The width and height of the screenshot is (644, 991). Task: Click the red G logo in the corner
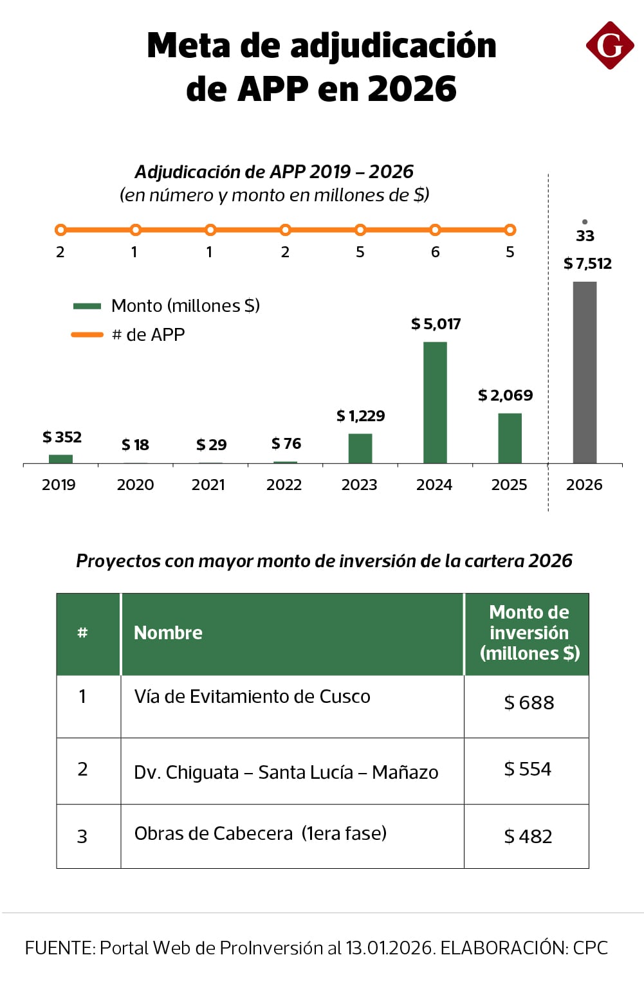[609, 46]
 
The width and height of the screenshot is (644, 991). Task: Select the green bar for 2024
[435, 402]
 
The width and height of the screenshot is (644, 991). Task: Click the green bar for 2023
[360, 448]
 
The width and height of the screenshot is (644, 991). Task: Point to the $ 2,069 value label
[505, 395]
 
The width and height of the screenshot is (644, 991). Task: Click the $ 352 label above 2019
[62, 437]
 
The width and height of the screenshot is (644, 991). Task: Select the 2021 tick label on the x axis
[208, 485]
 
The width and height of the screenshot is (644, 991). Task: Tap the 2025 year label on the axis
[509, 485]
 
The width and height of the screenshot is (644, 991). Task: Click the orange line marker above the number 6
[435, 230]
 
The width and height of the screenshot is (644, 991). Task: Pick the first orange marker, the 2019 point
[60, 230]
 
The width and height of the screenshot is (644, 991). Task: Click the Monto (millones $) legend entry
[167, 306]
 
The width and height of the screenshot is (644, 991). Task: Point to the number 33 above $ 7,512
[585, 236]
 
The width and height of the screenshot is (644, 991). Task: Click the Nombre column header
[168, 633]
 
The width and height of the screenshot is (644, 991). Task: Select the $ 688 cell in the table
[529, 703]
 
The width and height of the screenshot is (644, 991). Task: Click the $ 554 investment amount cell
[528, 769]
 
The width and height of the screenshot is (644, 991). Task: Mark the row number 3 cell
[82, 837]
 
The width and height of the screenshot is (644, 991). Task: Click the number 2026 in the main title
[412, 89]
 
